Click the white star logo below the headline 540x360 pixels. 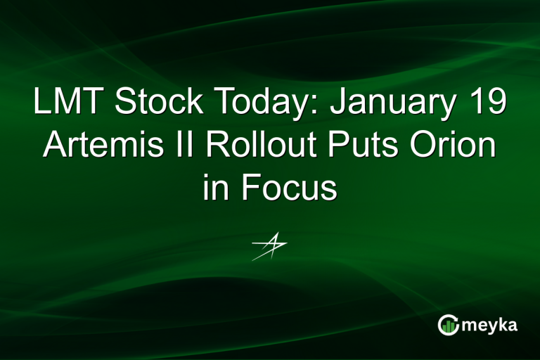(270, 246)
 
